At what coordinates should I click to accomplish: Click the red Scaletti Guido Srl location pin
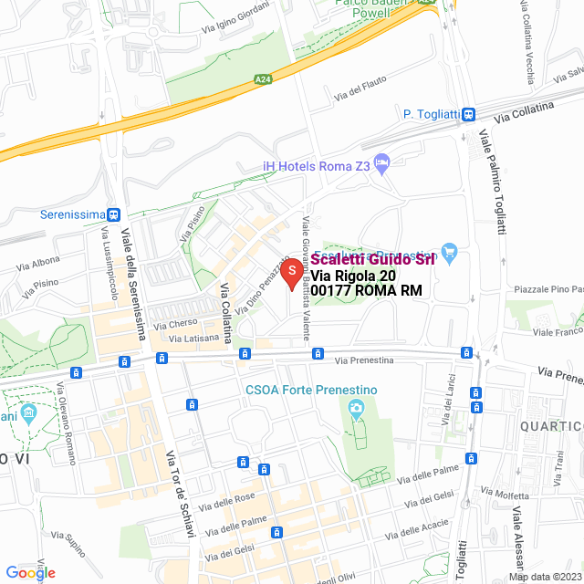pyautogui.click(x=291, y=273)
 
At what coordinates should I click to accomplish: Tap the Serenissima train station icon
pyautogui.click(x=113, y=215)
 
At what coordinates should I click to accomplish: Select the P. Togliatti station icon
pyautogui.click(x=468, y=114)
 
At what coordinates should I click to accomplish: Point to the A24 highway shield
pyautogui.click(x=262, y=79)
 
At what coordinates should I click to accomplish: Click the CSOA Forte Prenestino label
pyautogui.click(x=310, y=390)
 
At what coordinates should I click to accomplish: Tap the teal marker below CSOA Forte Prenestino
pyautogui.click(x=354, y=418)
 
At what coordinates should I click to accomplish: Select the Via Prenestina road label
pyautogui.click(x=362, y=360)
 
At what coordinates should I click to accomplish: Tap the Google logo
pyautogui.click(x=30, y=573)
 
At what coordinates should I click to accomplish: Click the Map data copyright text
pyautogui.click(x=545, y=577)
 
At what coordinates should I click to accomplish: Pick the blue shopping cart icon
pyautogui.click(x=448, y=251)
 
